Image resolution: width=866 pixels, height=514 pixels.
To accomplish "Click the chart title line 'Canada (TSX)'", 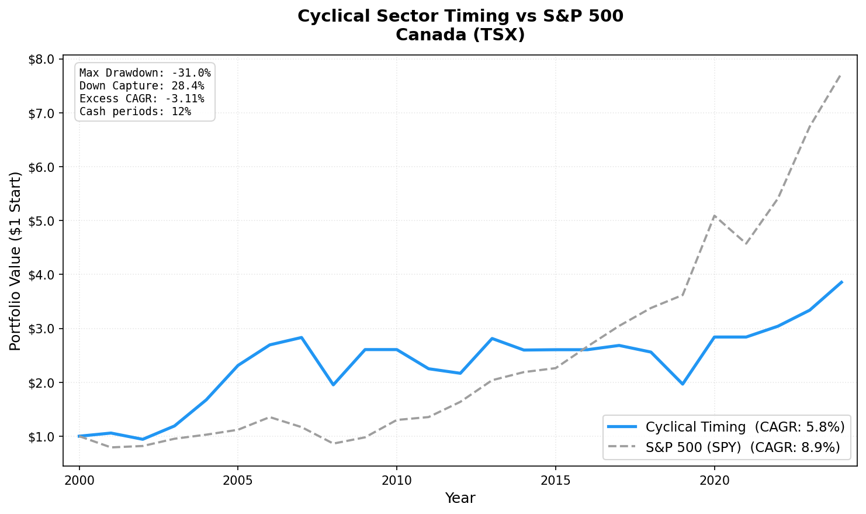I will pos(460,35).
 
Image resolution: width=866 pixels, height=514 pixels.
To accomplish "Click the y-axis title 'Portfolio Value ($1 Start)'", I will pos(16,261).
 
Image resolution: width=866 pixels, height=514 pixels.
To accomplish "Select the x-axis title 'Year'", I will pos(460,498).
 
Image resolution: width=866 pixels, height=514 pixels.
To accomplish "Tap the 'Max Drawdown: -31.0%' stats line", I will pos(145,73).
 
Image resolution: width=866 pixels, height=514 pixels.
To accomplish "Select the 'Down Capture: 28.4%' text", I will pos(141,86).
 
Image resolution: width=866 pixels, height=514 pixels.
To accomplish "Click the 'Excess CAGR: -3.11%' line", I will pos(141,99).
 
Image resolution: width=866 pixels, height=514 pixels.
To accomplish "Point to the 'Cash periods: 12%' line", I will pos(135,112).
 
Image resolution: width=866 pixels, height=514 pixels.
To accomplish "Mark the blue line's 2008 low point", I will pos(333,385).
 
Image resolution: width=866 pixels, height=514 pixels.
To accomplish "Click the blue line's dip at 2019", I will pos(682,384).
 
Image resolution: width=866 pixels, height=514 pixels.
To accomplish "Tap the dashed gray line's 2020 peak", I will pos(714,216).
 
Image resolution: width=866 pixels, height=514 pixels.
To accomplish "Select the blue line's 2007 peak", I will pos(301,337).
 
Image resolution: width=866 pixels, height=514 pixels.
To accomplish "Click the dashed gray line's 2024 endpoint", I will pos(841,74).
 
